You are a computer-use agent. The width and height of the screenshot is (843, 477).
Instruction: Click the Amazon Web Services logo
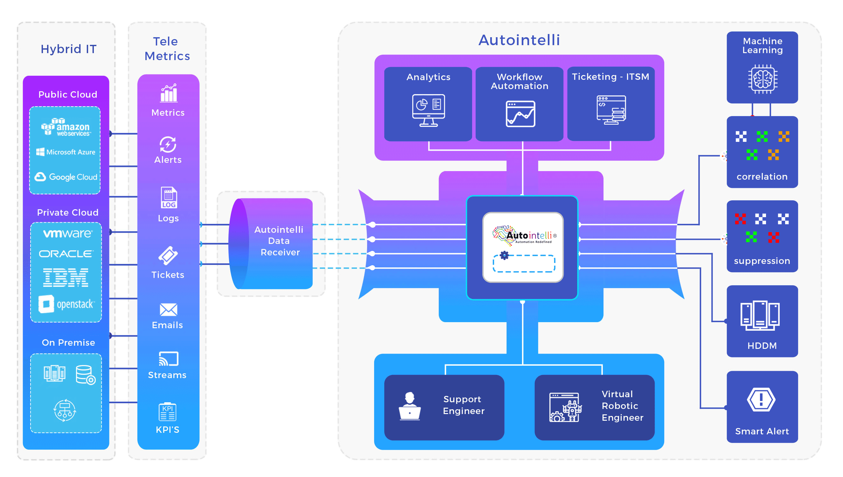pyautogui.click(x=66, y=127)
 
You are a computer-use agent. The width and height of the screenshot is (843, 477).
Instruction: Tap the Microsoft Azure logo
pyautogui.click(x=66, y=152)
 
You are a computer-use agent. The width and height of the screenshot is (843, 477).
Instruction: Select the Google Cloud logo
pyautogui.click(x=66, y=177)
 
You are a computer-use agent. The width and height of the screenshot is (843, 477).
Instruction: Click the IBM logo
pyautogui.click(x=66, y=278)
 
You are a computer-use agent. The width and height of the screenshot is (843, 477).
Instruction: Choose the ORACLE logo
pyautogui.click(x=66, y=254)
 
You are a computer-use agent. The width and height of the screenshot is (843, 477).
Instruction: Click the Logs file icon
pyautogui.click(x=168, y=197)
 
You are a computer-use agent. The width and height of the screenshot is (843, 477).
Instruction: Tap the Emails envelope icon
pyautogui.click(x=168, y=310)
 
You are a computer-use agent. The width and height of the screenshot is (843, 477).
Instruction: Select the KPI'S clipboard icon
pyautogui.click(x=167, y=412)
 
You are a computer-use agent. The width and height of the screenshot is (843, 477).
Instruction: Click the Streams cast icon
pyautogui.click(x=168, y=359)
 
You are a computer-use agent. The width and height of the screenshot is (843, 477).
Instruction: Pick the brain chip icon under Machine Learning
pyautogui.click(x=763, y=79)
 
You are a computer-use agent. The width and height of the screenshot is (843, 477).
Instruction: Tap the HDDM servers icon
pyautogui.click(x=760, y=315)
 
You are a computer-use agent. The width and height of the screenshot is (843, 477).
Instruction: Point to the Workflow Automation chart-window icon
pyautogui.click(x=520, y=114)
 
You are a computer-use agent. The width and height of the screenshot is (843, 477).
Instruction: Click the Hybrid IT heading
pyautogui.click(x=68, y=49)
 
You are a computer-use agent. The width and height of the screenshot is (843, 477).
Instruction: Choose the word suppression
pyautogui.click(x=762, y=261)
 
